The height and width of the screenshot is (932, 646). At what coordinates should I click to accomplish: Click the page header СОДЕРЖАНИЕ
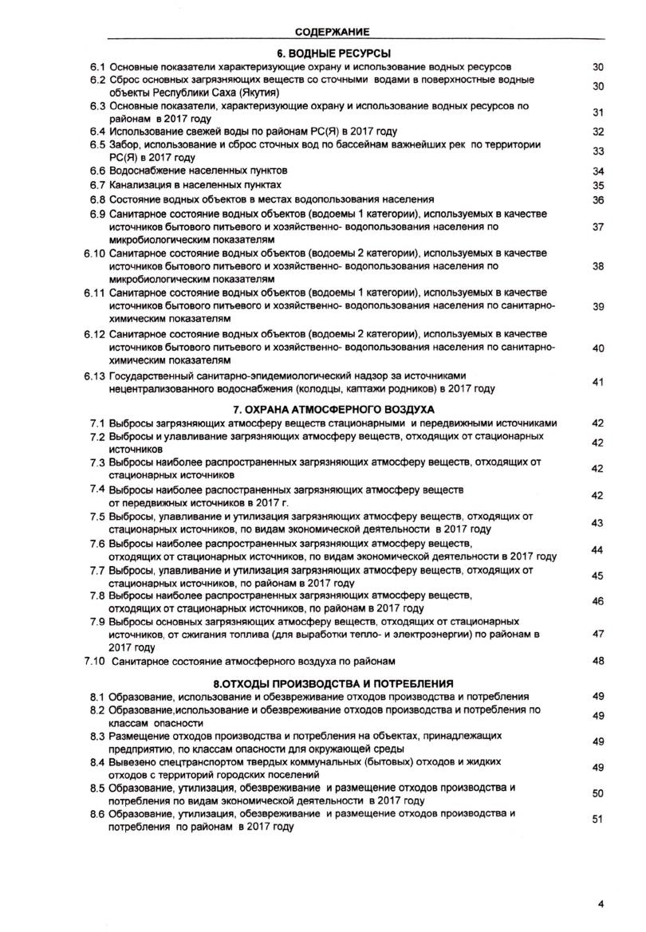click(332, 32)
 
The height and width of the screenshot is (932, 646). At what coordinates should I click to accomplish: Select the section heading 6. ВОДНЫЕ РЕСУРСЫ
click(332, 53)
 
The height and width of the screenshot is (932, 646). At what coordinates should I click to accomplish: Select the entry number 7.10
click(95, 661)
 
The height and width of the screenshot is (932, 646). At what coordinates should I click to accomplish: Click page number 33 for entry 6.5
click(600, 151)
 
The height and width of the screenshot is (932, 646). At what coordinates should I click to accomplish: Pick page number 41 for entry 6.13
click(600, 383)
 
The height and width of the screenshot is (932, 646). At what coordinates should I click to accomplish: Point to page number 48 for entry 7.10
click(600, 661)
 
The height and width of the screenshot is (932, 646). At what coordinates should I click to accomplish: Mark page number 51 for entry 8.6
click(600, 820)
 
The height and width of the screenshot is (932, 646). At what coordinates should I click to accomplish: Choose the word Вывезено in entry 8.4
click(132, 763)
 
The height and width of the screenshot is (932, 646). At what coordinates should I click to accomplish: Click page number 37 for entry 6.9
click(600, 227)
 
